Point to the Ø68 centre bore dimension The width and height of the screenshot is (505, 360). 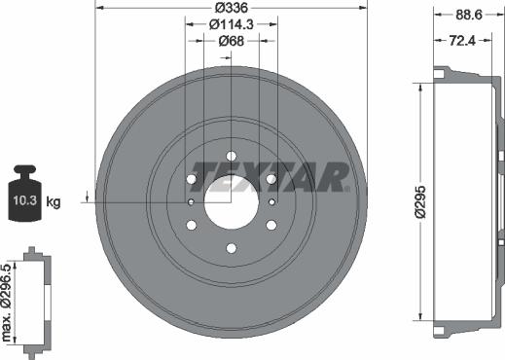point(231,41)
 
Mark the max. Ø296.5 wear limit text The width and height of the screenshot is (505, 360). point(7,302)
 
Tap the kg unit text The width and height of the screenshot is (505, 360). point(54,202)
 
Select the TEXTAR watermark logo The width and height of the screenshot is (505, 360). point(270,175)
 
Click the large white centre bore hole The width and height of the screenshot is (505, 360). point(232,202)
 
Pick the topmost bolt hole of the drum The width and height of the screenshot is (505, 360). point(232,156)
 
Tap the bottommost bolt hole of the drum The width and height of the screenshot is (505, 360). point(232,249)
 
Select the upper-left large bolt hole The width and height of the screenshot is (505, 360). point(192,179)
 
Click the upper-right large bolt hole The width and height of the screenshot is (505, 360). point(271,179)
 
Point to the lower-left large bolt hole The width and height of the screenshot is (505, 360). point(192,226)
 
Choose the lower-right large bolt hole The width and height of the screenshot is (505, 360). point(271,226)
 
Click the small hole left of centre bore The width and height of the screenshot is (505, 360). point(192,202)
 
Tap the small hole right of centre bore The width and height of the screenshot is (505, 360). point(271,202)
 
